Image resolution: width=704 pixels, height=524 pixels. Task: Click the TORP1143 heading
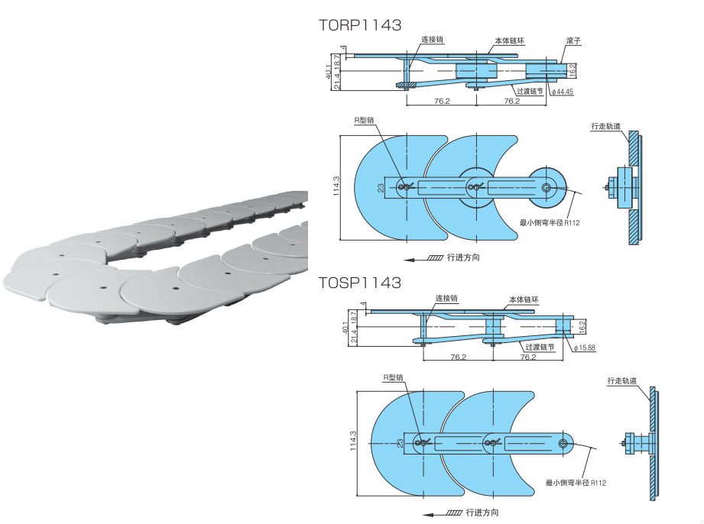pyautogui.click(x=359, y=25)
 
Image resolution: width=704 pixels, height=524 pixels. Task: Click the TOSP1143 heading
pyautogui.click(x=359, y=283)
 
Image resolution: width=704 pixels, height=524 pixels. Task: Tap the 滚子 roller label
pyautogui.click(x=573, y=40)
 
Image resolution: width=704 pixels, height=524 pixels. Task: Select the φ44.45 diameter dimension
pyautogui.click(x=563, y=92)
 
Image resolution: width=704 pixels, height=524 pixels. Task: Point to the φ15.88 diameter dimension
pyautogui.click(x=585, y=348)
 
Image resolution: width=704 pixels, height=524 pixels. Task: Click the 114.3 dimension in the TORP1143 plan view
pyautogui.click(x=337, y=186)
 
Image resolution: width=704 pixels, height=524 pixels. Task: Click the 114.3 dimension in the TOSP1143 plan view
pyautogui.click(x=353, y=441)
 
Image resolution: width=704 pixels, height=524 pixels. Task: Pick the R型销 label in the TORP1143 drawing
pyautogui.click(x=364, y=120)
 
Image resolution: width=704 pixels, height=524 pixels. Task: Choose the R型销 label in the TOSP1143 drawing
pyautogui.click(x=393, y=378)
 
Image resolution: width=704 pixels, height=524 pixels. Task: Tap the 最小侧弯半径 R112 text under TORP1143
pyautogui.click(x=550, y=222)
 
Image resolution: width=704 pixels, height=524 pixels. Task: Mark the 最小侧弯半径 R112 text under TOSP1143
pyautogui.click(x=576, y=483)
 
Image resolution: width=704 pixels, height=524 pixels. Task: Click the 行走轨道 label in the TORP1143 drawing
pyautogui.click(x=605, y=126)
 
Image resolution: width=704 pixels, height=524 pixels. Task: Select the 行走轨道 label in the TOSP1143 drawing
pyautogui.click(x=622, y=381)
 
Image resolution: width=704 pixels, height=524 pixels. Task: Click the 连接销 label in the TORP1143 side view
pyautogui.click(x=432, y=40)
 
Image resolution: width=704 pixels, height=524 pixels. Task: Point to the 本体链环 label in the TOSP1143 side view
pyautogui.click(x=524, y=299)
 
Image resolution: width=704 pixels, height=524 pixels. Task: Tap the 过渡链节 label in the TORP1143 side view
pyautogui.click(x=530, y=91)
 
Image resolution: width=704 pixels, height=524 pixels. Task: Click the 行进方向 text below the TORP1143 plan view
pyautogui.click(x=463, y=257)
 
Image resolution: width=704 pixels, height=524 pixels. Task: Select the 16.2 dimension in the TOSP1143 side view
pyautogui.click(x=582, y=326)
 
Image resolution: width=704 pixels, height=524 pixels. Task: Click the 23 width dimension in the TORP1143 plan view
pyautogui.click(x=381, y=188)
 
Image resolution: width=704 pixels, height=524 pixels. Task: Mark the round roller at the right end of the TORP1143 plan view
pyautogui.click(x=547, y=188)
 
